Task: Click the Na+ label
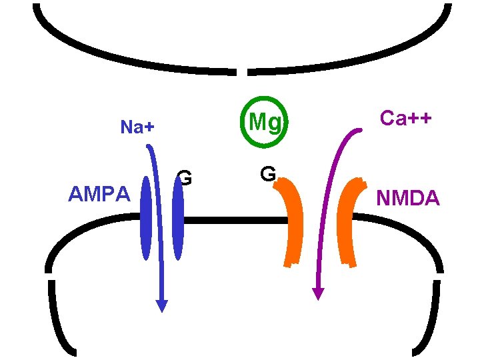pos(137,127)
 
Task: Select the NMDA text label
pos(408,198)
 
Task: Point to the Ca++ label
pos(405,118)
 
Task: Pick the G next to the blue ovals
pos(186,178)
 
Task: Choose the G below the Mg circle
pos(268,175)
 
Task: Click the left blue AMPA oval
pos(146,218)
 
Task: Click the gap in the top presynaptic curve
pos(242,71)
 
